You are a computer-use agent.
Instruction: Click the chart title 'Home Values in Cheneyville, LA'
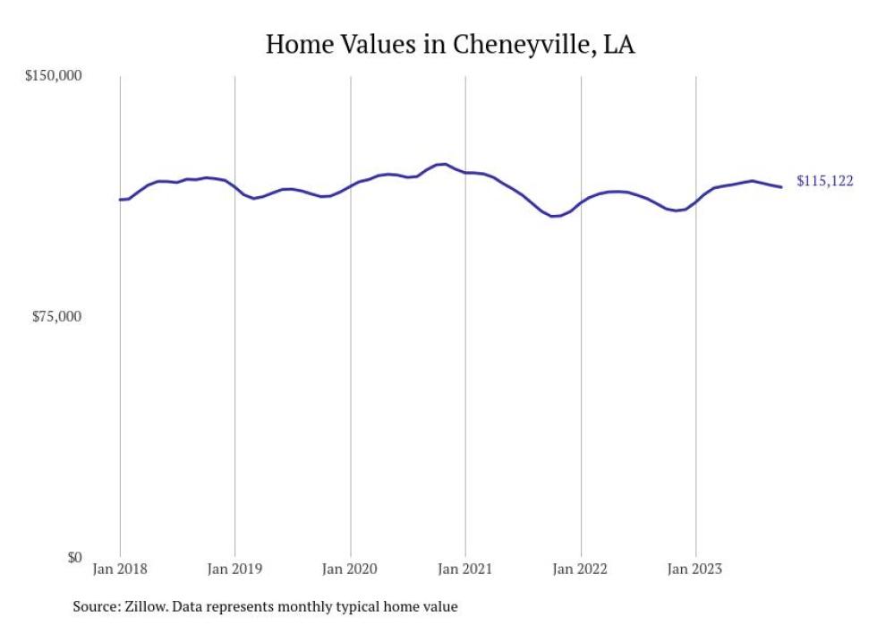coord(450,45)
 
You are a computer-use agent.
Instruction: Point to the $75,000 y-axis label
coord(56,316)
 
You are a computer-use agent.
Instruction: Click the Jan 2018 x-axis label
coord(121,568)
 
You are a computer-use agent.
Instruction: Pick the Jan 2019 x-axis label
coord(235,568)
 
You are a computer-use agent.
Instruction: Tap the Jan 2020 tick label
coord(351,568)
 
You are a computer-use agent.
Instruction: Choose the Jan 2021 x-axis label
coord(465,568)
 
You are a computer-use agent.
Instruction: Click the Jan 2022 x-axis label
coord(581,568)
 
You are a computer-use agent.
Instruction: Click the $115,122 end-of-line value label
coord(824,182)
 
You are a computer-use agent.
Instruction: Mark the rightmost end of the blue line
coord(782,187)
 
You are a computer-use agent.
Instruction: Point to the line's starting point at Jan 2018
coord(120,200)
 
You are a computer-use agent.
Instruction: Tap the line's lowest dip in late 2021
coord(553,216)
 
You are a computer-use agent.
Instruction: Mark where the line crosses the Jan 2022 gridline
coord(581,202)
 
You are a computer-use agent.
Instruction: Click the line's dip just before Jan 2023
coord(677,210)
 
